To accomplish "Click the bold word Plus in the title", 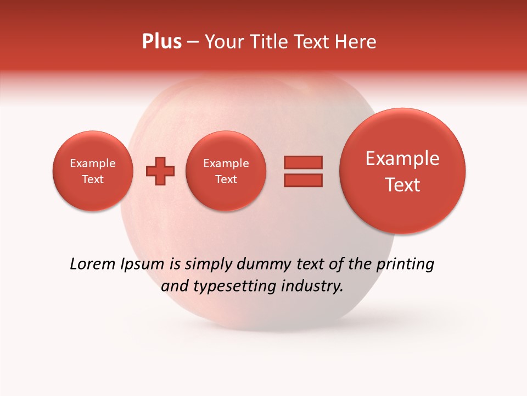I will coord(162,42).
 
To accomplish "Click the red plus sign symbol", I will coord(160,171).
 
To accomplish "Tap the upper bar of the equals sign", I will coord(302,162).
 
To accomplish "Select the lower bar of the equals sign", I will coord(302,180).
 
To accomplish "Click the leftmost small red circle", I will coord(92,171).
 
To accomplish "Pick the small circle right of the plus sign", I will coord(226,171).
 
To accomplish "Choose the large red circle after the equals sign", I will coord(402,171).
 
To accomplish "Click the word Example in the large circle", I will coord(402,158).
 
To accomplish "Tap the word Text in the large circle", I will coord(402,185).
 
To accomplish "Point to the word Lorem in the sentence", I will coord(93,264).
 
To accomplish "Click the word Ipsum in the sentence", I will coord(142,265).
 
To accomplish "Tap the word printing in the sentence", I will coord(405,265).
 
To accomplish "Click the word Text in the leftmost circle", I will coord(92,179).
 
